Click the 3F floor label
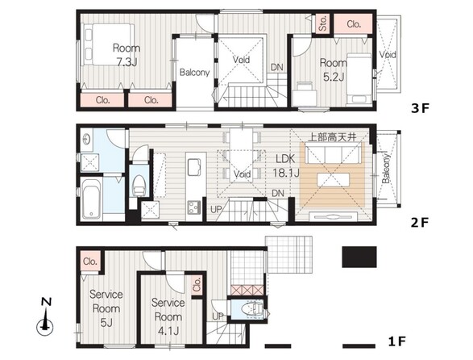[420, 108]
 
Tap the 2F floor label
[420, 223]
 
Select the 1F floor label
[397, 341]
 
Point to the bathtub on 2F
[91, 198]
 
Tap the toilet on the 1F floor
[253, 309]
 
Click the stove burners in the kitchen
[194, 207]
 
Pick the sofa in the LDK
[333, 153]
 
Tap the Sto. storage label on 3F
[323, 23]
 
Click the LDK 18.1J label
[286, 166]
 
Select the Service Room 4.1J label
[168, 316]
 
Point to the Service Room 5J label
[106, 308]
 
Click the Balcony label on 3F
[194, 73]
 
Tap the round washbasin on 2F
[86, 140]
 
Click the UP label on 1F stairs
[218, 316]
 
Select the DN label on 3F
[277, 67]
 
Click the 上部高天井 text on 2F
[332, 137]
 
